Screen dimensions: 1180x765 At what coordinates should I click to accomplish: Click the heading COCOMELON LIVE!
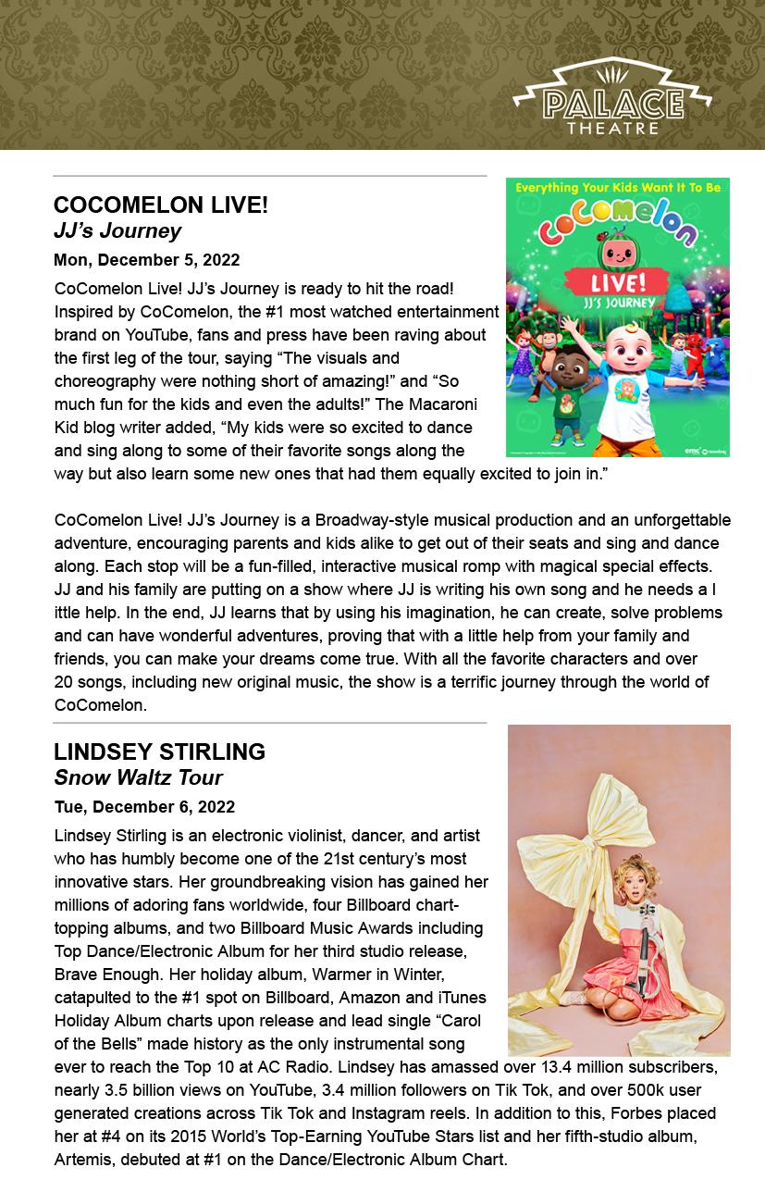click(x=161, y=205)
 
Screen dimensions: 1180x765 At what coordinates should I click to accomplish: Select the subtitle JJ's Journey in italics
click(x=117, y=230)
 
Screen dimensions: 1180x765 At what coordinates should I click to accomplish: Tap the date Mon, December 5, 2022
click(x=147, y=259)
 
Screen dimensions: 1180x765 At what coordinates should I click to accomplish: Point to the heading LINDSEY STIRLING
click(x=159, y=751)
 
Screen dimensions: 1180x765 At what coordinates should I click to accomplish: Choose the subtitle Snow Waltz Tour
click(x=138, y=777)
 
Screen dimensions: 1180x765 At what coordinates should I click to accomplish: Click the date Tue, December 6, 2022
click(x=144, y=806)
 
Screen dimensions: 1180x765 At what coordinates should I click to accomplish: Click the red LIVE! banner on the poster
click(x=618, y=281)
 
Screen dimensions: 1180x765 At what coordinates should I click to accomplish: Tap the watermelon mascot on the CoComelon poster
click(x=618, y=251)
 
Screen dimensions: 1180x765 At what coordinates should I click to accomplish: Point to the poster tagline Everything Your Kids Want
click(x=617, y=187)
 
